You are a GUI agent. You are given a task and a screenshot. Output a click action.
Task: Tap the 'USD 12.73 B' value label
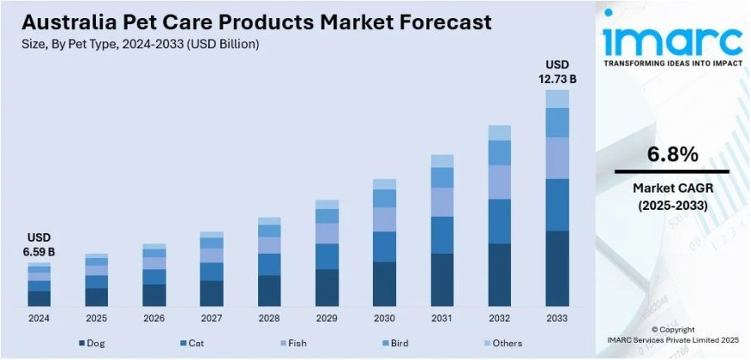pyautogui.click(x=558, y=73)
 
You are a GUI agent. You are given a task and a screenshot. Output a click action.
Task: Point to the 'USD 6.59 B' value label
pyautogui.click(x=39, y=245)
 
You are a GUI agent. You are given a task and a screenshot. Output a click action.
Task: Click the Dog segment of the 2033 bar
pyautogui.click(x=558, y=268)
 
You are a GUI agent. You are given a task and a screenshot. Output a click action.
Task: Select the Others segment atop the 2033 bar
pyautogui.click(x=558, y=98)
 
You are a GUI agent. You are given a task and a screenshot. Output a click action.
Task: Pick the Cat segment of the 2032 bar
pyautogui.click(x=500, y=221)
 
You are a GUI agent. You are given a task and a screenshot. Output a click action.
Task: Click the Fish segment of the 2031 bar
pyautogui.click(x=442, y=202)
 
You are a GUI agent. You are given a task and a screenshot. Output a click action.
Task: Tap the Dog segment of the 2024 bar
pyautogui.click(x=39, y=299)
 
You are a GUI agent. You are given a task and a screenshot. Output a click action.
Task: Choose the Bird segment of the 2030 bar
pyautogui.click(x=384, y=199)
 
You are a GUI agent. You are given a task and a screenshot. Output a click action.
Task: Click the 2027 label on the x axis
pyautogui.click(x=211, y=319)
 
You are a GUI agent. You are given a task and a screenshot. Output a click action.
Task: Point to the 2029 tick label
pyautogui.click(x=327, y=319)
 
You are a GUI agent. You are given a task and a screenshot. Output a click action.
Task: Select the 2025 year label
pyautogui.click(x=97, y=319)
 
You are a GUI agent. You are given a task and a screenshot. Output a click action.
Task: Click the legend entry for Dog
pyautogui.click(x=92, y=344)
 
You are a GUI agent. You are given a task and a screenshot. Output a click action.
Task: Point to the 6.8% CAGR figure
pyautogui.click(x=672, y=155)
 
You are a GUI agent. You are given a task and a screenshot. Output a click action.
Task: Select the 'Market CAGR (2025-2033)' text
pyautogui.click(x=672, y=197)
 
